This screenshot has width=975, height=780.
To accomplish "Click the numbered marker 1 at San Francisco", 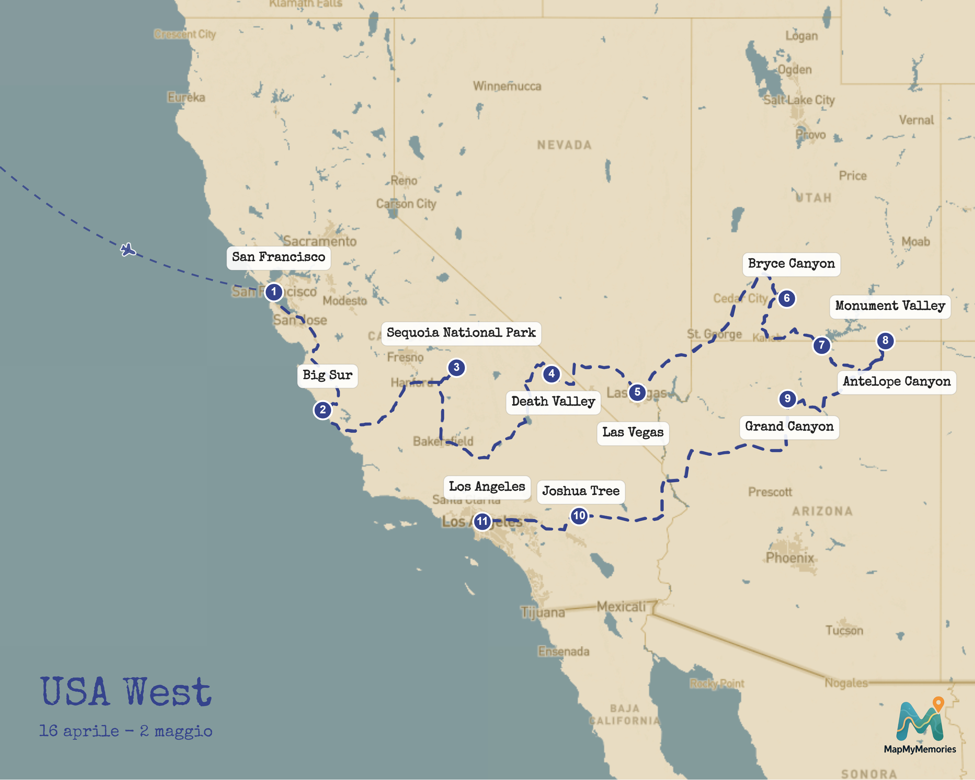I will pos(273,292).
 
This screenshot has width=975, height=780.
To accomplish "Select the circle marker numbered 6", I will pos(786,298).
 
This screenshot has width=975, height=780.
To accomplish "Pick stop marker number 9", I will pos(787,398).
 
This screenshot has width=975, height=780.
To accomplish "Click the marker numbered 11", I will pos(483,522).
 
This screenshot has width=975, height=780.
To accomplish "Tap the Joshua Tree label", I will pos(581,491).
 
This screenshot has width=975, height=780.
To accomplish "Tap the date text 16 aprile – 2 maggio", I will pos(126,731).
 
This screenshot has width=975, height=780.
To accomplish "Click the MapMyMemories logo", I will pos(920,725).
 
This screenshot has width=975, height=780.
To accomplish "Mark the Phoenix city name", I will pos(790,558).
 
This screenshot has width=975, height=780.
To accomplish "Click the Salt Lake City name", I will pos(799,100).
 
